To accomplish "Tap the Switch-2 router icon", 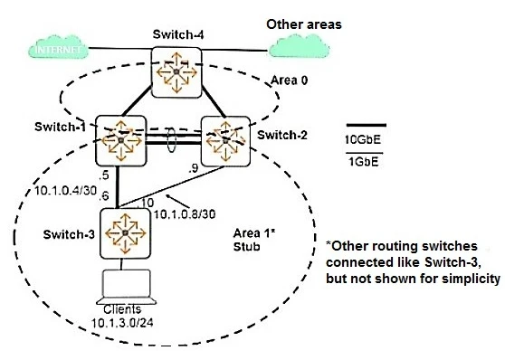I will pyautogui.click(x=224, y=138).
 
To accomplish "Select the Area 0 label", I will pyautogui.click(x=291, y=81).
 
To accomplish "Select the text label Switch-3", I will pyautogui.click(x=66, y=234).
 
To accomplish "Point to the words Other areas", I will pyautogui.click(x=304, y=20).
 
